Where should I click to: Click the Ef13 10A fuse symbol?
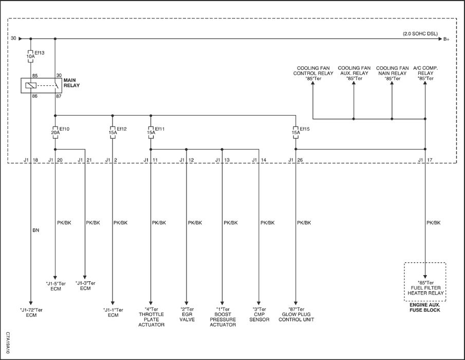point(30,56)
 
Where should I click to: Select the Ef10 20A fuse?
point(55,132)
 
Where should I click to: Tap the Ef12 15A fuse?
point(113,132)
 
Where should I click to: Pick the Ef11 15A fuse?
point(151,132)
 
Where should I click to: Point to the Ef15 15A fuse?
point(295,132)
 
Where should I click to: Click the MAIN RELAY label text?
point(71,83)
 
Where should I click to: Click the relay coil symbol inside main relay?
point(31,85)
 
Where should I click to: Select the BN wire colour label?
point(35,230)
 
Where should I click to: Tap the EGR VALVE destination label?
point(187,314)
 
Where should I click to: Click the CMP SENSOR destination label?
point(259,314)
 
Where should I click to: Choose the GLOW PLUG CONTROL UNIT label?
point(296,314)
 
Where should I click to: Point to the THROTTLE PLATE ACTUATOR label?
point(151,317)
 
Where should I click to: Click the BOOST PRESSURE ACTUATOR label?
point(222,317)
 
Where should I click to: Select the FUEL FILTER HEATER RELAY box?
point(425,282)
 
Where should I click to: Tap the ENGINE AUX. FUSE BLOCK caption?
point(425,308)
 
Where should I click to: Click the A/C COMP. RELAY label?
point(425,74)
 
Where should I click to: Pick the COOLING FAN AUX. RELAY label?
point(354,74)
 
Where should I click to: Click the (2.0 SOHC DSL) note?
point(420,34)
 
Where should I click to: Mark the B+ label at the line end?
point(447,39)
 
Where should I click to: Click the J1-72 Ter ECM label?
point(31,313)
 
